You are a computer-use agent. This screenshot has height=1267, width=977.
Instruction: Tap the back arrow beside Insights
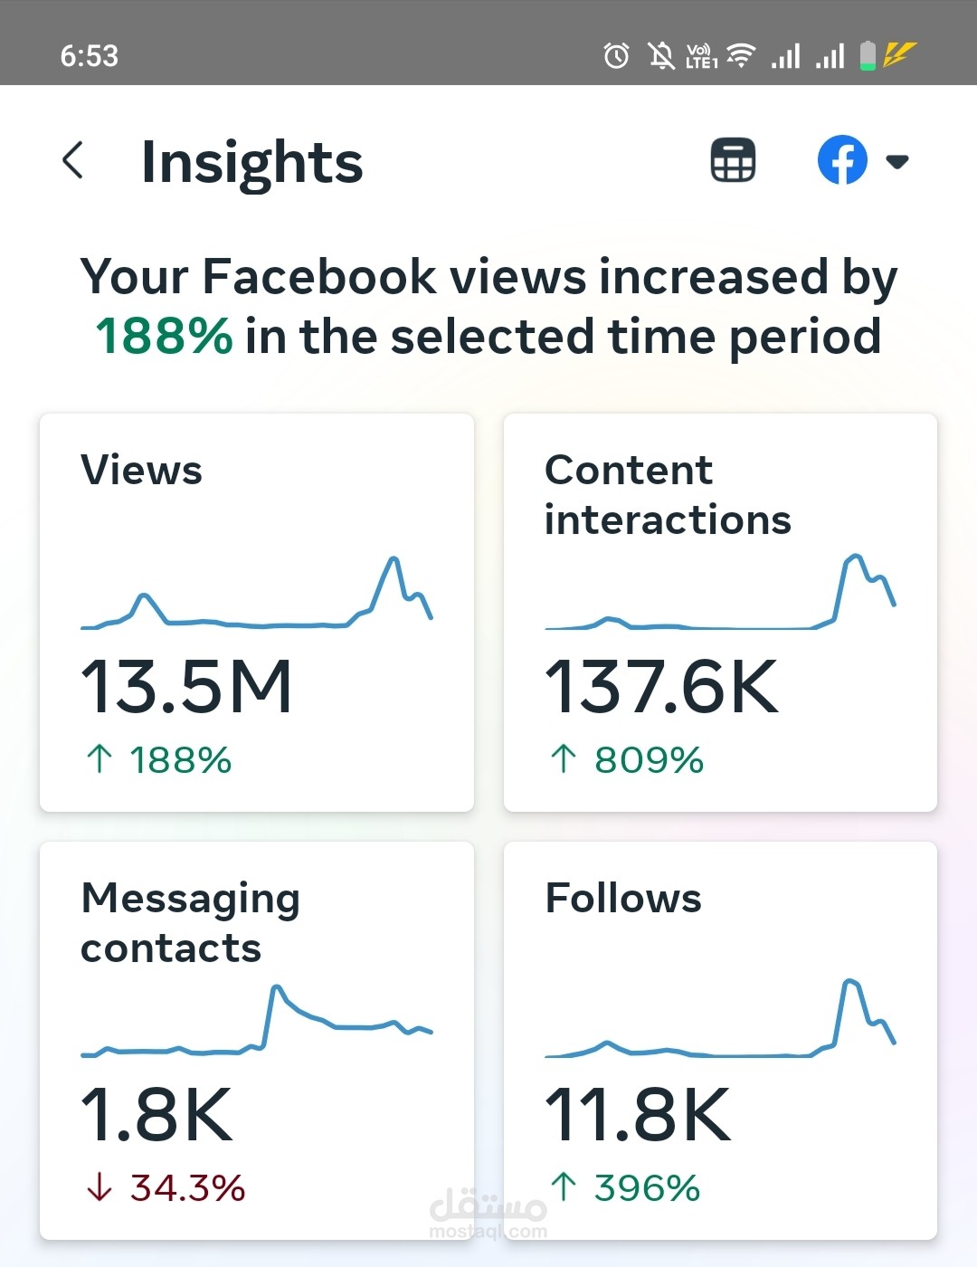(x=73, y=161)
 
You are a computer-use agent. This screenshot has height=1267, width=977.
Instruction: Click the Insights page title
(x=251, y=163)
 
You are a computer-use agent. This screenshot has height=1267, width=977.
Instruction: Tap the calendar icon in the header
(x=733, y=161)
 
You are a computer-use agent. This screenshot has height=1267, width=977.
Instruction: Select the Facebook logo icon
(x=842, y=160)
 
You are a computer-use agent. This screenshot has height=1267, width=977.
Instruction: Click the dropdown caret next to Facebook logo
(x=896, y=162)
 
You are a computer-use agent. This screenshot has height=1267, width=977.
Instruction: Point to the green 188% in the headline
(x=164, y=337)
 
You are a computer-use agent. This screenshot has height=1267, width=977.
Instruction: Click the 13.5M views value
(x=186, y=687)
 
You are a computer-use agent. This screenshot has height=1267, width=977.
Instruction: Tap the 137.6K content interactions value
(x=661, y=687)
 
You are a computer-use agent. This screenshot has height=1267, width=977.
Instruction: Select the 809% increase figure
(x=649, y=760)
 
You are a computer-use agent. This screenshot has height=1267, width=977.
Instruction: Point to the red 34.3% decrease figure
(x=187, y=1188)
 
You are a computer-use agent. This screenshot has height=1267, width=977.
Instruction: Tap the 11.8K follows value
(x=638, y=1115)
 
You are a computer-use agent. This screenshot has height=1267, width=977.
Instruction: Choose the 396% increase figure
(x=647, y=1188)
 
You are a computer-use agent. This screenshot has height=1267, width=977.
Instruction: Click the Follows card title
(x=623, y=899)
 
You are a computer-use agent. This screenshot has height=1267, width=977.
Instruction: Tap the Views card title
(x=142, y=471)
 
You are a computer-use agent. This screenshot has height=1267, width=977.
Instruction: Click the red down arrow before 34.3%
(x=99, y=1187)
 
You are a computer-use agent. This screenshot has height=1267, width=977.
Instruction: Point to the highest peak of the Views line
(x=394, y=559)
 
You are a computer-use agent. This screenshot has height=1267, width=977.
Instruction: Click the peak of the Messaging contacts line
(x=276, y=987)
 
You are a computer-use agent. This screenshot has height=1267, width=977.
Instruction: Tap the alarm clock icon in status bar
(x=616, y=56)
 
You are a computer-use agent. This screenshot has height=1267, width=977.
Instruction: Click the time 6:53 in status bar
(x=90, y=56)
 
